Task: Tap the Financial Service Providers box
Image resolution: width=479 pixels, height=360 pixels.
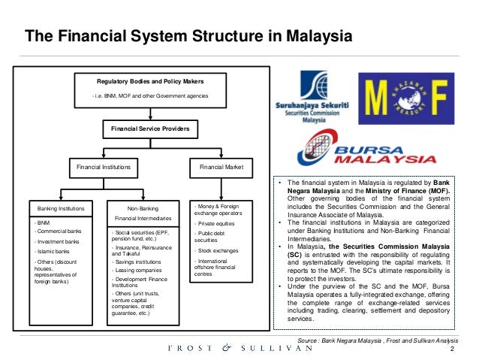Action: point(150,130)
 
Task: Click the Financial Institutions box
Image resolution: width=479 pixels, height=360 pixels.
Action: point(99,165)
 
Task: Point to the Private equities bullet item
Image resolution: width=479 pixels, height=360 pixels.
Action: point(217,222)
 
